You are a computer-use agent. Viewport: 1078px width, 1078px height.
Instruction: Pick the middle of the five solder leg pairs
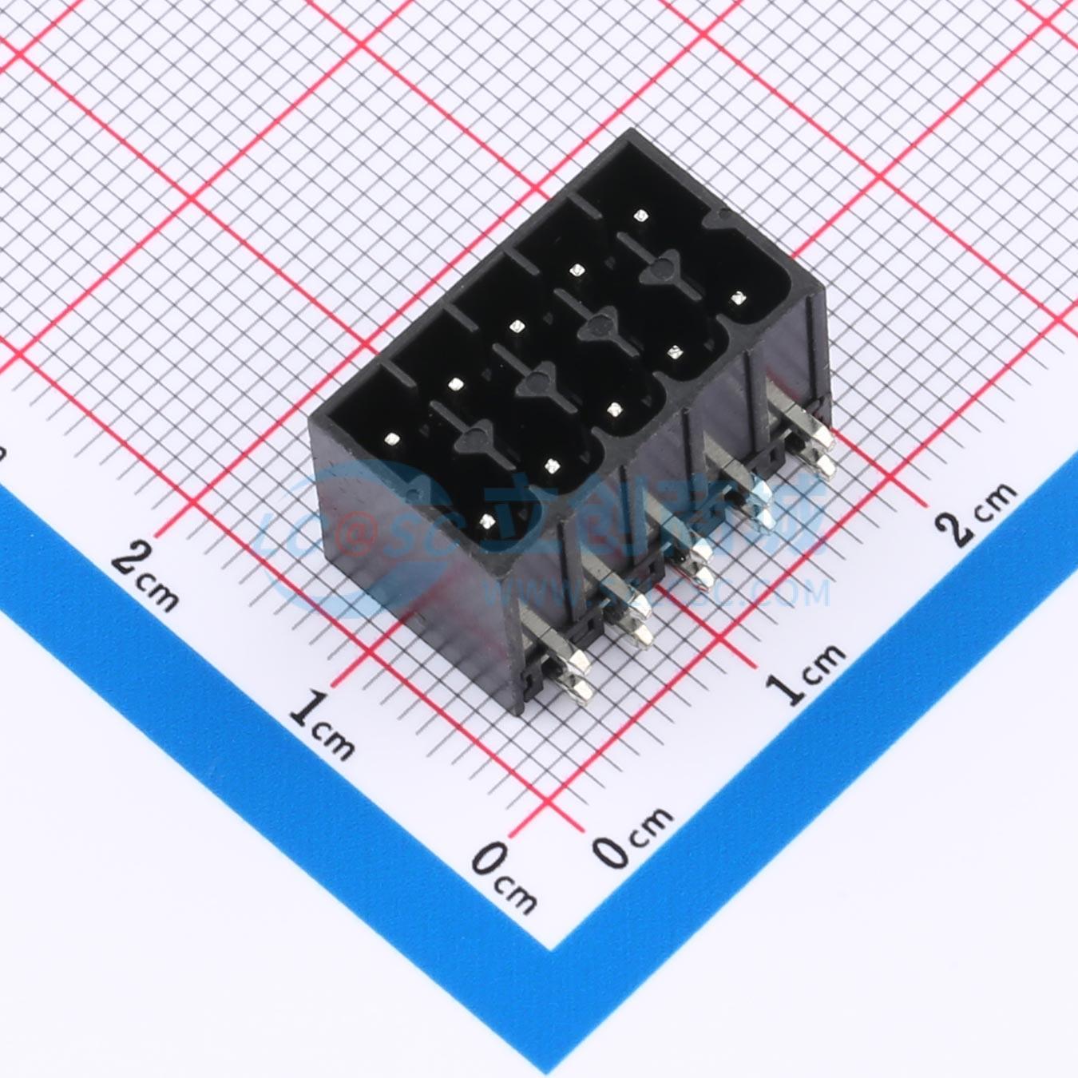691,562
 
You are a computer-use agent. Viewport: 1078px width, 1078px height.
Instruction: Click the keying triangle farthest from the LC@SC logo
660,267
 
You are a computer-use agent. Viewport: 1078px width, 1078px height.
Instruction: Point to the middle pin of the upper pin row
516,326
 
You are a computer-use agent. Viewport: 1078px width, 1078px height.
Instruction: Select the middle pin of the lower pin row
614,409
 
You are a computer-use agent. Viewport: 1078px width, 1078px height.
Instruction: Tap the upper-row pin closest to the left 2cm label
392,438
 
